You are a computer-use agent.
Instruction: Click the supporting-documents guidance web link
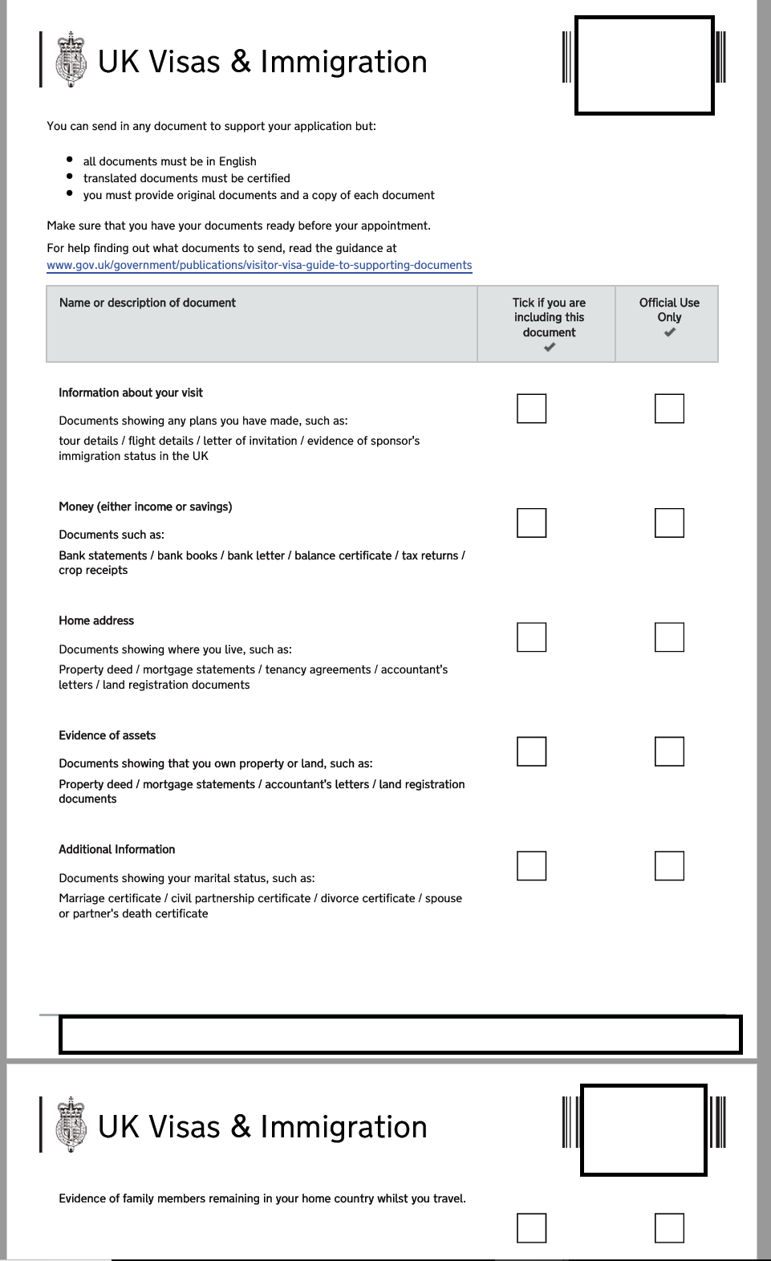click(259, 266)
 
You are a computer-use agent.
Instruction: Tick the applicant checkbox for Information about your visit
click(531, 409)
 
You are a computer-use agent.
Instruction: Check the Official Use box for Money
click(669, 523)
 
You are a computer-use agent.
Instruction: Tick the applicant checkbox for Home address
click(531, 637)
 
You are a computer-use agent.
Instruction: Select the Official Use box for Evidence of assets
click(669, 751)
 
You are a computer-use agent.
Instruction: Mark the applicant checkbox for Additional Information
click(531, 866)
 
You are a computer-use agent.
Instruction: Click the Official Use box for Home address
click(669, 637)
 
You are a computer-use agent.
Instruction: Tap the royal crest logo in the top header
click(71, 59)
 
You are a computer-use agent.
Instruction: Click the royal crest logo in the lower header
click(71, 1125)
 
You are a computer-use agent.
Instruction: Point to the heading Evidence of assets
click(108, 735)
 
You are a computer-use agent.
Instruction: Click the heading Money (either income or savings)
click(145, 506)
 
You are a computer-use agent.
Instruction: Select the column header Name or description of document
click(148, 303)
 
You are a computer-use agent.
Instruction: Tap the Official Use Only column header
click(669, 310)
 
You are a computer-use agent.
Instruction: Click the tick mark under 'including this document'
click(550, 348)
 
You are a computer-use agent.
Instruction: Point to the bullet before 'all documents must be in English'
click(70, 160)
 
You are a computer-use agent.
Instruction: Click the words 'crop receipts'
click(93, 571)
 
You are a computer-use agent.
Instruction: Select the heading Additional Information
click(117, 849)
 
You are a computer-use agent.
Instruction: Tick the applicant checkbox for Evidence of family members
click(531, 1228)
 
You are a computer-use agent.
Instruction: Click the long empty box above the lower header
click(400, 1035)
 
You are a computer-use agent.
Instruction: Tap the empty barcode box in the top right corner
click(644, 65)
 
